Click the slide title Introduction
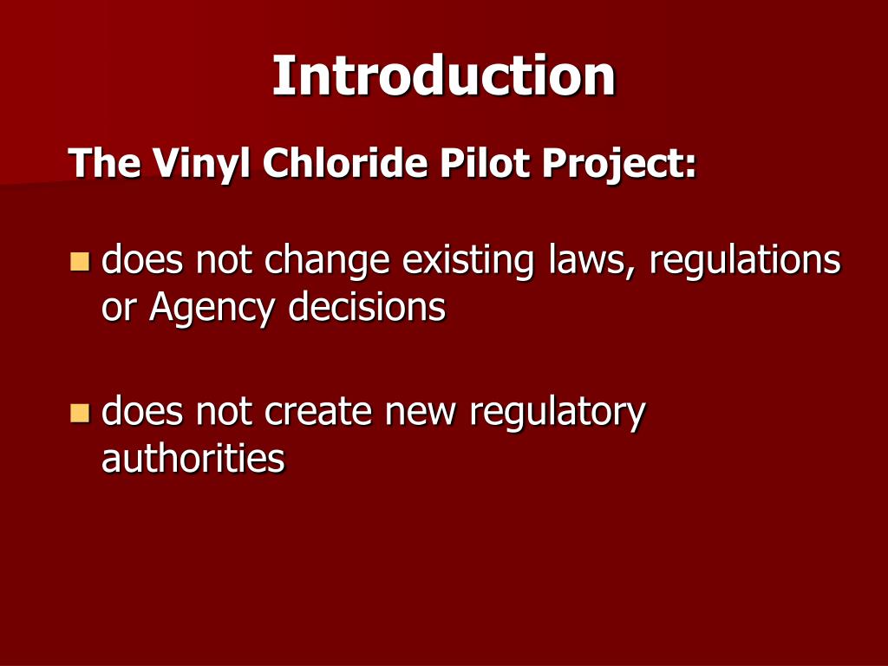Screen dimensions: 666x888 [444, 75]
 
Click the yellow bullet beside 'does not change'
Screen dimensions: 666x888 [80, 260]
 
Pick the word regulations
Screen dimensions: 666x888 [745, 260]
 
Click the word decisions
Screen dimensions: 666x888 [367, 307]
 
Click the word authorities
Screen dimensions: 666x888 [193, 458]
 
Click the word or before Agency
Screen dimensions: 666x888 [118, 309]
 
